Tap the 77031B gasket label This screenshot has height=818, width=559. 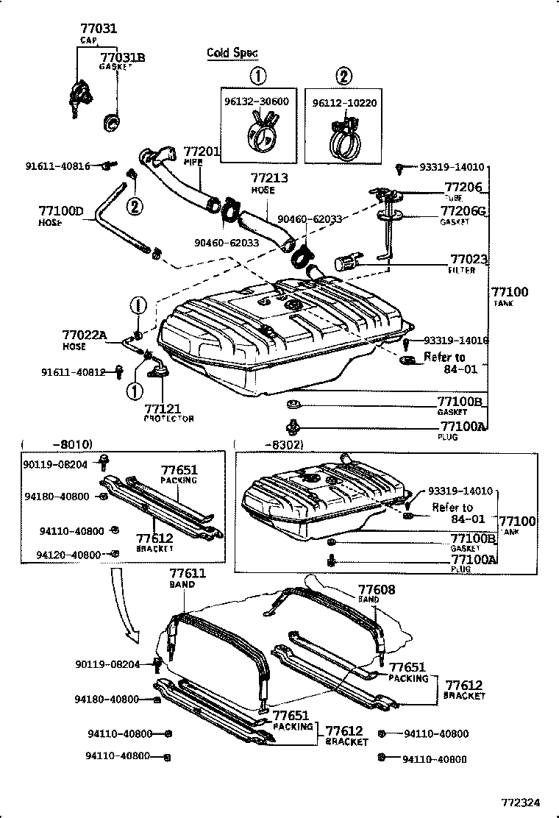click(x=122, y=57)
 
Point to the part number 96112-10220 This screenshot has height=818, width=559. click(x=344, y=102)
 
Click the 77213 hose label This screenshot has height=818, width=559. click(x=269, y=178)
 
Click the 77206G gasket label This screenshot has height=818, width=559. click(x=465, y=212)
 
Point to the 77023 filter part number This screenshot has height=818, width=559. click(x=469, y=260)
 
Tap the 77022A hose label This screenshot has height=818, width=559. click(x=85, y=335)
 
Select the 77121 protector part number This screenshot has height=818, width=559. click(x=164, y=409)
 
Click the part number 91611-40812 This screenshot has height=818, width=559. click(x=73, y=372)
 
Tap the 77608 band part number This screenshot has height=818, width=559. click(x=377, y=589)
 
